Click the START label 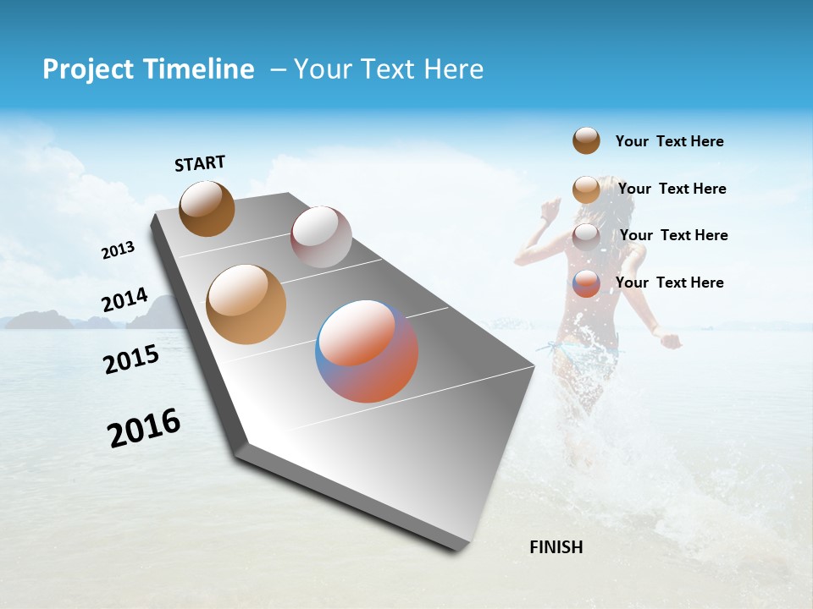coord(200,163)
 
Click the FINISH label coord(556,547)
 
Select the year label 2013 coord(118,250)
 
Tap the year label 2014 coord(124,300)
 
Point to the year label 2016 coord(144,427)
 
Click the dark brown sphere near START coord(207,208)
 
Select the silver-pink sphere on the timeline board coord(321,237)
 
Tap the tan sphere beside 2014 coord(246,304)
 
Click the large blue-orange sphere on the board coord(367,351)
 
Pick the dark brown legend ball coord(586,140)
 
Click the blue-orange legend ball coord(586,283)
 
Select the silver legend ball coord(586,236)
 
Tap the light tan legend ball coord(586,189)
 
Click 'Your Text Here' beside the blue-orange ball coord(669,283)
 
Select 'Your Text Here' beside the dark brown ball coord(669,141)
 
